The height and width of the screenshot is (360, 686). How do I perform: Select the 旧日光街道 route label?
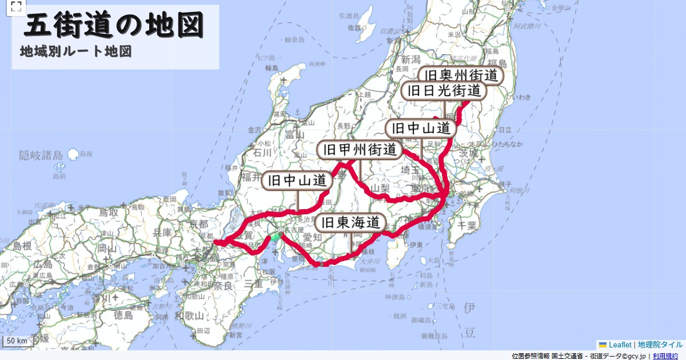click(x=444, y=90)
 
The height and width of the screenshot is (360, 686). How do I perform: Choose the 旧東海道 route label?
click(x=350, y=223)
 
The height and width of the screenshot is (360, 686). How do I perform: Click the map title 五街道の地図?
click(x=114, y=26)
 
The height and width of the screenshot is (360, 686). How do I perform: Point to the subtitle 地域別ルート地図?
click(x=76, y=51)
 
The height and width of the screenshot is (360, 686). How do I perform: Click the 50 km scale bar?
click(x=17, y=341)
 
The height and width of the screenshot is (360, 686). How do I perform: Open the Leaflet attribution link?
click(x=620, y=345)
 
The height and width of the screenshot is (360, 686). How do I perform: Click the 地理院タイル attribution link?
click(x=660, y=345)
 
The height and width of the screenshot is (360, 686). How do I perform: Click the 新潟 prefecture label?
click(x=410, y=59)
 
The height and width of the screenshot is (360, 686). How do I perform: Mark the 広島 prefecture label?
click(x=43, y=264)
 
